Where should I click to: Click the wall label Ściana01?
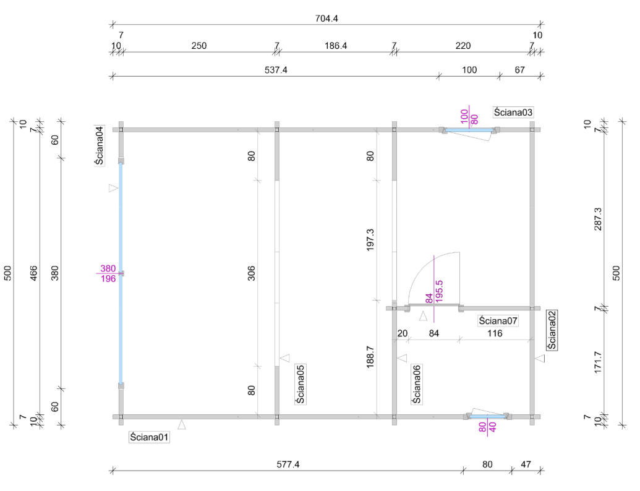pyautogui.click(x=149, y=437)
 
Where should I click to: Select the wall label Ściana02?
pyautogui.click(x=552, y=330)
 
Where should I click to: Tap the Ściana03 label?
pyautogui.click(x=513, y=113)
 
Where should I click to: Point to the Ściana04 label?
pyautogui.click(x=99, y=145)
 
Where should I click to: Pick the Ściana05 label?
pyautogui.click(x=301, y=385)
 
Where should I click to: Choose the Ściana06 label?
pyautogui.click(x=417, y=385)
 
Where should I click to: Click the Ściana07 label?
pyautogui.click(x=498, y=321)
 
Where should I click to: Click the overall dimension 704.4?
pyautogui.click(x=326, y=19)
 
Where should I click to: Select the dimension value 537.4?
pyautogui.click(x=276, y=70)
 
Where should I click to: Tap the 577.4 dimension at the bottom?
pyautogui.click(x=288, y=464)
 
